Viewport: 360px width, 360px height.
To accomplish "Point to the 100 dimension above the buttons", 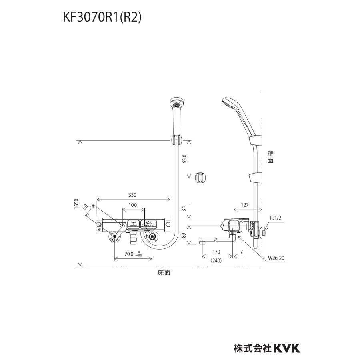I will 133,205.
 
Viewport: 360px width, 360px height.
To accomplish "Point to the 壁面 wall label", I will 270,156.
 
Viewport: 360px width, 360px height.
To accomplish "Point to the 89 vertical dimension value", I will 184,236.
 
